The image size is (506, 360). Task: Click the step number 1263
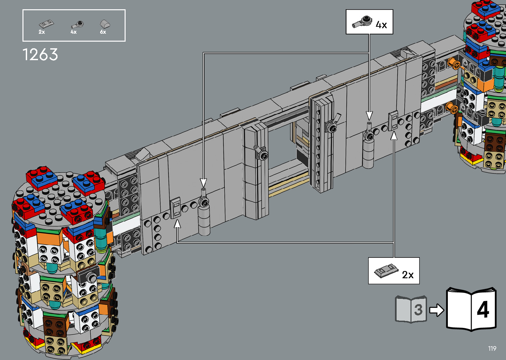(x=40, y=55)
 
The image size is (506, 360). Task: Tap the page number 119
(x=492, y=348)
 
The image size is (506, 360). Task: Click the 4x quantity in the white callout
(x=381, y=25)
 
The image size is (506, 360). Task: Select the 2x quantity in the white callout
(x=408, y=275)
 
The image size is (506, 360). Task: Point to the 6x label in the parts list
(x=103, y=32)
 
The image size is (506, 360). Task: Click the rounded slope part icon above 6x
(x=105, y=24)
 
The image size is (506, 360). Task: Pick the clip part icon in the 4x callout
(x=362, y=22)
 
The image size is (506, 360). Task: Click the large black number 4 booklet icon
(x=471, y=309)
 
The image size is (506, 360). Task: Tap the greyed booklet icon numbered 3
(x=411, y=309)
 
